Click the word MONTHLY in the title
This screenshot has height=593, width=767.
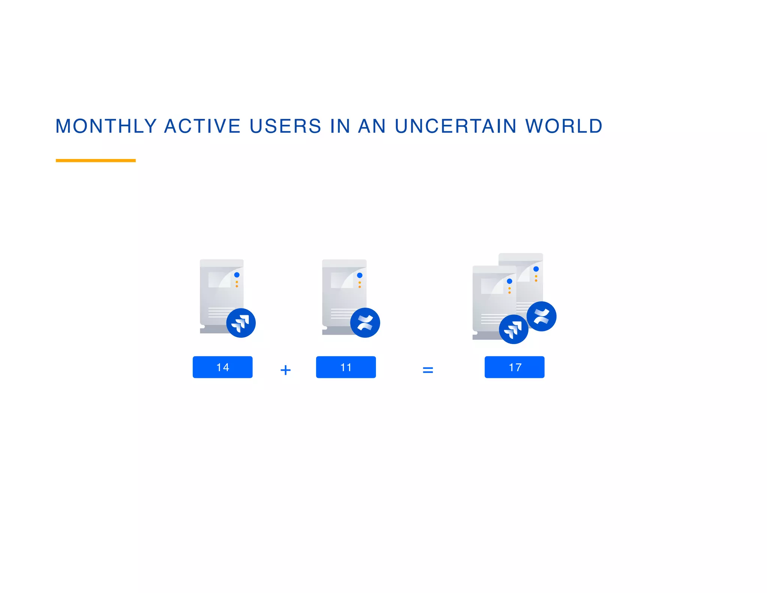[x=106, y=126]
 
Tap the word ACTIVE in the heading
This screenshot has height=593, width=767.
[x=202, y=126]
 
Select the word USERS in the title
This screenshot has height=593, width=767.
[x=285, y=126]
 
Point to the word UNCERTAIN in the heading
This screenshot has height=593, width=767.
[x=456, y=126]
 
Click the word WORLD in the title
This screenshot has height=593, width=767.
[x=564, y=126]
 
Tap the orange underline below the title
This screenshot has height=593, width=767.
[x=96, y=160]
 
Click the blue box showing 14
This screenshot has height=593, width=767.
[x=222, y=367]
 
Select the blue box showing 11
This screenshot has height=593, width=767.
[x=346, y=367]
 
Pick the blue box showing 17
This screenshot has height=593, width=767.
[x=514, y=367]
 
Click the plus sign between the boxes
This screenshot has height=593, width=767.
[x=285, y=370]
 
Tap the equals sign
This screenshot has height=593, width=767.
[x=428, y=370]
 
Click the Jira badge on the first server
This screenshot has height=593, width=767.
[x=241, y=323]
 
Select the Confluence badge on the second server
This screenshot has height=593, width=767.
[x=365, y=322]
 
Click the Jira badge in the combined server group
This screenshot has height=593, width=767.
[x=513, y=329]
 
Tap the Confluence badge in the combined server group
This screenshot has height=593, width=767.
[x=541, y=316]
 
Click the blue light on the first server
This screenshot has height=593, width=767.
[x=237, y=275]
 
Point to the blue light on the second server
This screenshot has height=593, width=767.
[x=360, y=275]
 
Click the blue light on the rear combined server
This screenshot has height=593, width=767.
[x=536, y=269]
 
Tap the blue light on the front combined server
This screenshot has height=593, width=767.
[x=509, y=281]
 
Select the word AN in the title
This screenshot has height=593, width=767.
[x=372, y=126]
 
